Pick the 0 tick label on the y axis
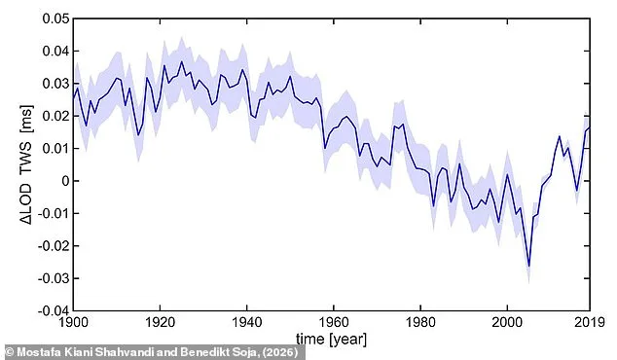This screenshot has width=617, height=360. tap(60, 181)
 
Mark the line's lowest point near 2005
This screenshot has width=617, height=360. tap(528, 266)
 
